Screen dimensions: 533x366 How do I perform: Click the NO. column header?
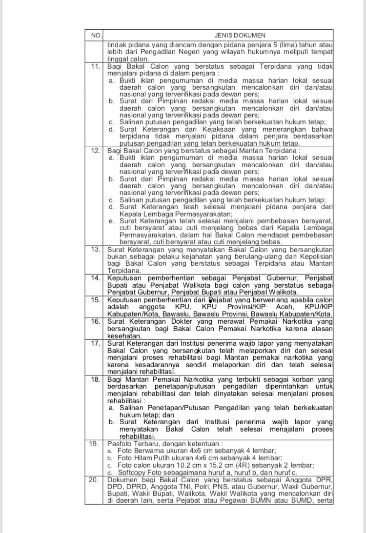(x=96, y=35)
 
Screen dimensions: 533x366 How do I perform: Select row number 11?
(x=96, y=66)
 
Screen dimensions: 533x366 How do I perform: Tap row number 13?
(x=96, y=249)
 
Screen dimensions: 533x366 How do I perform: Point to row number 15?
(x=96, y=299)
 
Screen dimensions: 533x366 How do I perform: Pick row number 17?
(x=96, y=343)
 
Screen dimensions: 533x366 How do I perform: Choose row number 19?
(x=96, y=444)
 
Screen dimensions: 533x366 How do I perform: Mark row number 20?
(x=96, y=480)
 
